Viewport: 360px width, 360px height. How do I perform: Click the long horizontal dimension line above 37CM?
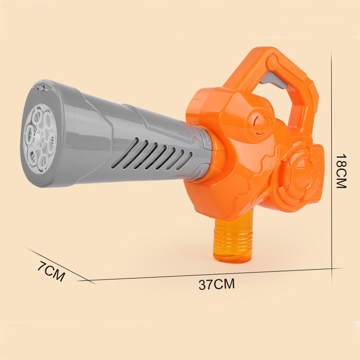click(211, 275)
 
